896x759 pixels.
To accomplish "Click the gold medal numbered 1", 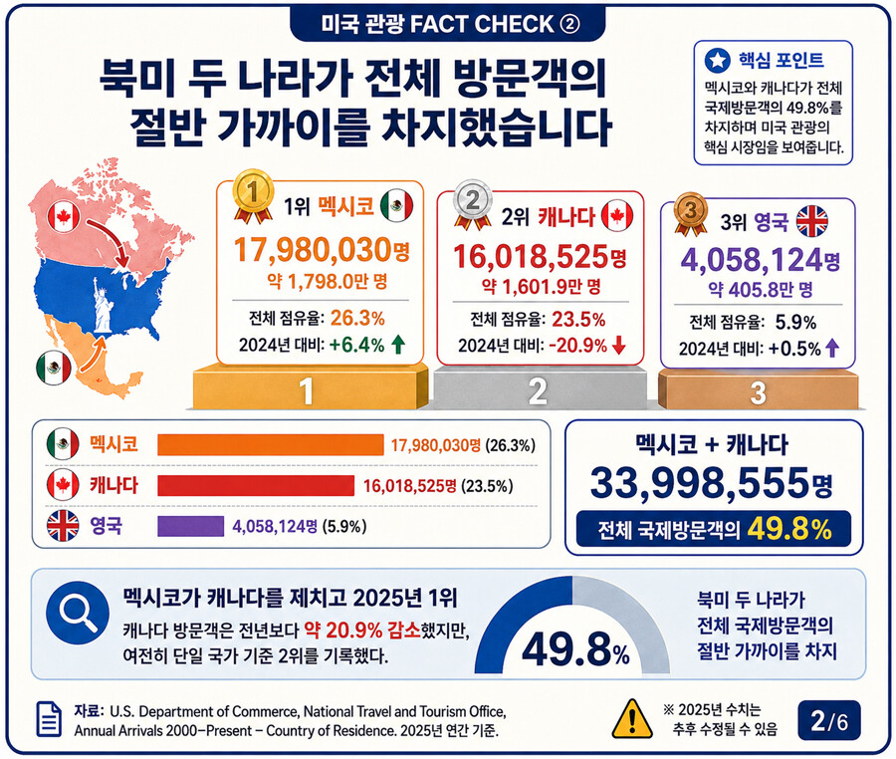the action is coord(253,194).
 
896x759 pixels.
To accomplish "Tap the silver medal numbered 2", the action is coord(473,203).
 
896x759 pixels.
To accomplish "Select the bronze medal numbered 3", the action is coord(691,212).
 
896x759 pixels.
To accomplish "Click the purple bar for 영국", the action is coord(191,526).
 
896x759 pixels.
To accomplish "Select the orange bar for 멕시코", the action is coord(270,444).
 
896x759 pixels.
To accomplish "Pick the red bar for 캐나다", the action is coord(256,485).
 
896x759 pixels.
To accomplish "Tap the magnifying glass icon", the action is coord(78,614).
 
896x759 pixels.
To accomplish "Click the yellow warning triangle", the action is coord(632,719).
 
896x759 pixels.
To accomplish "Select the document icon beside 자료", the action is coord(49,719).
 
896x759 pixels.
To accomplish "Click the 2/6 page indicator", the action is coord(829,721).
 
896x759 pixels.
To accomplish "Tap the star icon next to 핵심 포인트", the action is coord(717,60).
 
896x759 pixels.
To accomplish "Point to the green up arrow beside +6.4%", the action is coord(398,345).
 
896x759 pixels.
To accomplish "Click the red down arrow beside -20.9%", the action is coord(619,346).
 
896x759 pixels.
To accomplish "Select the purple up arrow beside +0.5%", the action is coord(832,348).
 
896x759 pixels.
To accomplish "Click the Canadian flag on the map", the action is coord(64,216).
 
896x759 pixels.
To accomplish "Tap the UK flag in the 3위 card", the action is coord(812,221).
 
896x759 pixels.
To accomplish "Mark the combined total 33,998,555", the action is coord(700,483).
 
